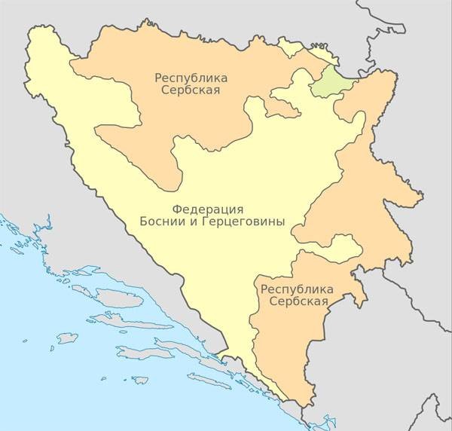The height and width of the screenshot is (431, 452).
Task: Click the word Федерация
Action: (x=207, y=209)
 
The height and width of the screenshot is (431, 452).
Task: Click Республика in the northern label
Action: (x=191, y=78)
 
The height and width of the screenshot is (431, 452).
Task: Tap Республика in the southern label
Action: (x=295, y=289)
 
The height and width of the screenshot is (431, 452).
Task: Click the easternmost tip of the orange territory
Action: (x=423, y=199)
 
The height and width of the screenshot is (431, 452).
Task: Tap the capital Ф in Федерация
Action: (x=176, y=209)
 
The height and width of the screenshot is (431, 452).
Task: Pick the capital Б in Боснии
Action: (x=143, y=222)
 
